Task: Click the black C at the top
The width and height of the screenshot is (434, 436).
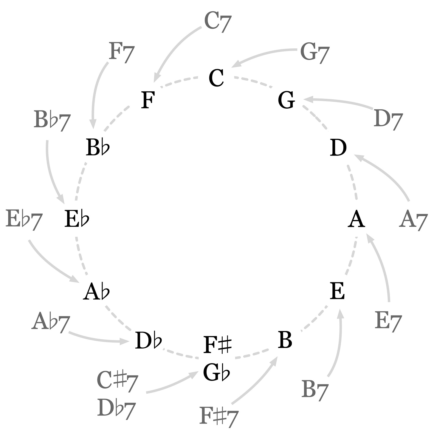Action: click(x=216, y=78)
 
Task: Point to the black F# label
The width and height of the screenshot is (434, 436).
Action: click(x=217, y=345)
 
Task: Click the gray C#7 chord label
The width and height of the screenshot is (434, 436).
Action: click(x=117, y=381)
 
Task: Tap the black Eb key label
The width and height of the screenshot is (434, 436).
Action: click(x=77, y=219)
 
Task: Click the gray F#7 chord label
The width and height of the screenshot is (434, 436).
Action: click(x=219, y=416)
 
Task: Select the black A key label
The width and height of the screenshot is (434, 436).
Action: click(x=356, y=219)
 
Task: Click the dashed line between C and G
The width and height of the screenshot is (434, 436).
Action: click(x=253, y=81)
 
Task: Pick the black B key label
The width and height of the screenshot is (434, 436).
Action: click(x=285, y=340)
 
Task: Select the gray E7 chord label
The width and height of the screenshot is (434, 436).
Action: click(x=388, y=321)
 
